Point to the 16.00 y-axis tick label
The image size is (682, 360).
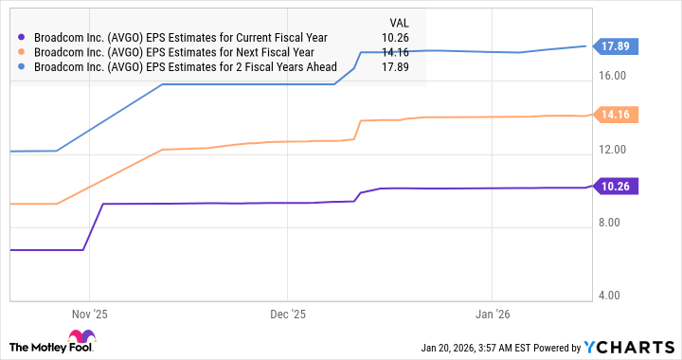(615, 77)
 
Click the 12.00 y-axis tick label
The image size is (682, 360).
(615, 150)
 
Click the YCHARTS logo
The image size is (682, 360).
(630, 346)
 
